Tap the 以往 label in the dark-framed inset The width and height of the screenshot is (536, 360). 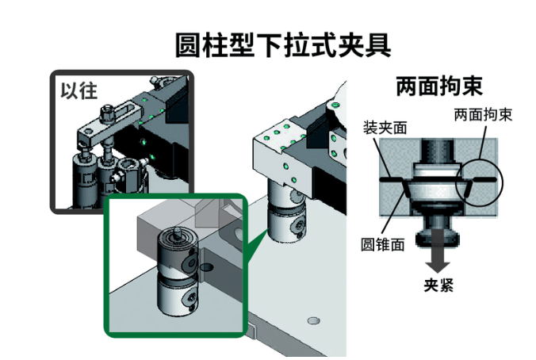(x=78, y=89)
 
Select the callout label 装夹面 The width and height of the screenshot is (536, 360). (x=385, y=128)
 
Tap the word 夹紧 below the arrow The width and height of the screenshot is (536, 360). (x=438, y=285)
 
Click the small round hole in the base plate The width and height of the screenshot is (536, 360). (x=312, y=321)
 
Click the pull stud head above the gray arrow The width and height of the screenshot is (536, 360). (x=439, y=229)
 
